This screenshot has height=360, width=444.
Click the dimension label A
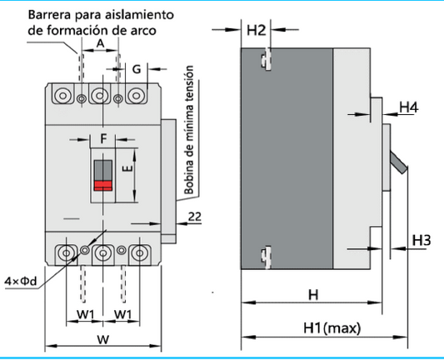(x=101, y=42)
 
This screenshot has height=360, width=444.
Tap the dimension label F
(x=104, y=137)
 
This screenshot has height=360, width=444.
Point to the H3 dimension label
(x=422, y=240)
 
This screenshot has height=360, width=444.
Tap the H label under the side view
(x=312, y=294)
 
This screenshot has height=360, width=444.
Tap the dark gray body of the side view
(x=287, y=158)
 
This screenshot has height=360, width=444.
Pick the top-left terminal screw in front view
(x=63, y=96)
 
